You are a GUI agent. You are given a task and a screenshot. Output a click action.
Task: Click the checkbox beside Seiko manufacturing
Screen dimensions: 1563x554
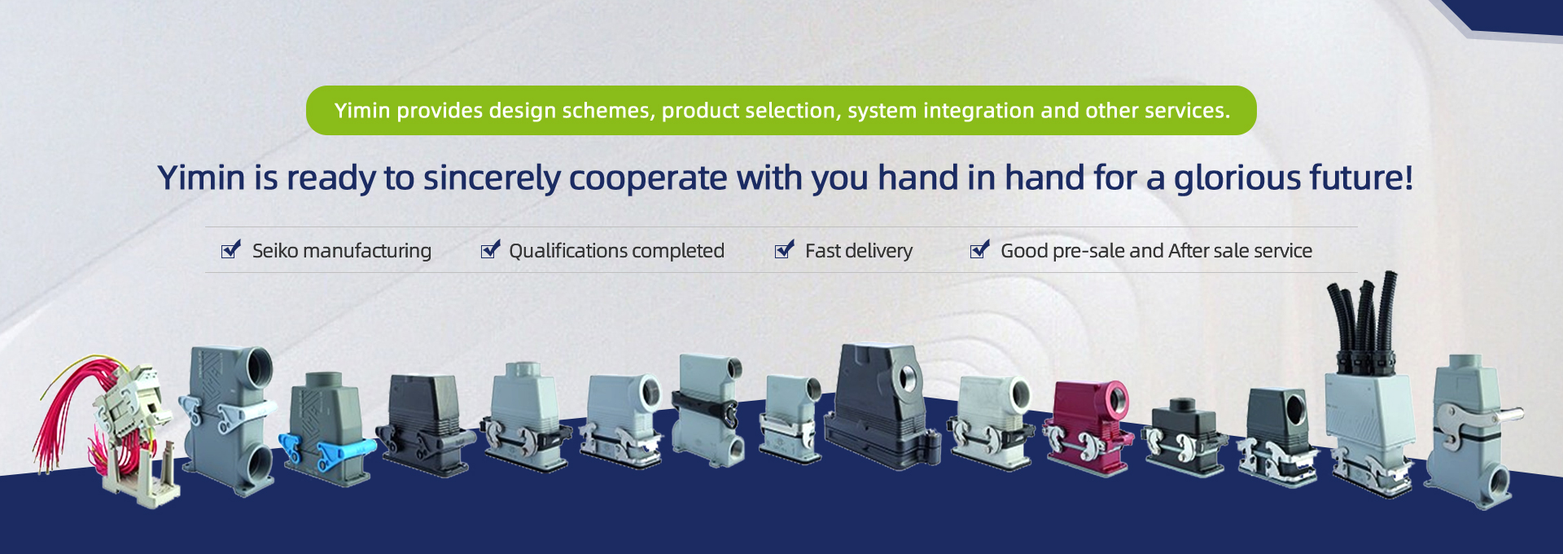(231, 249)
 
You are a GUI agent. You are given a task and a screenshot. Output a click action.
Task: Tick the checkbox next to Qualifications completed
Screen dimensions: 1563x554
(490, 249)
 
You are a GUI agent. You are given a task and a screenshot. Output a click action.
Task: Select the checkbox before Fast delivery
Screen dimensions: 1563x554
(784, 249)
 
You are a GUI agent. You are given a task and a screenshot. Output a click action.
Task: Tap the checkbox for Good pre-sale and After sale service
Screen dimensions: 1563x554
(980, 249)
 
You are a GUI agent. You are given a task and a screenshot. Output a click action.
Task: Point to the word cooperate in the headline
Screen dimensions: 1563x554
(647, 178)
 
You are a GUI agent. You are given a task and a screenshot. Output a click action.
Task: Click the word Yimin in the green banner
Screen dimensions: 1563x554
(362, 110)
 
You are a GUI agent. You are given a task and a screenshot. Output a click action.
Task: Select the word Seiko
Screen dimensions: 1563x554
(275, 250)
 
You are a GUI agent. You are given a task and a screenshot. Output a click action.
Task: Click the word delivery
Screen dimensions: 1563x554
(880, 250)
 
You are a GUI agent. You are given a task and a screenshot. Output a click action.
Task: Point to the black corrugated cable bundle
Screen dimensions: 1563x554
(1362, 318)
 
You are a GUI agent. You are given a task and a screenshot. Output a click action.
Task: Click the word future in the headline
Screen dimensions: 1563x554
(1356, 178)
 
